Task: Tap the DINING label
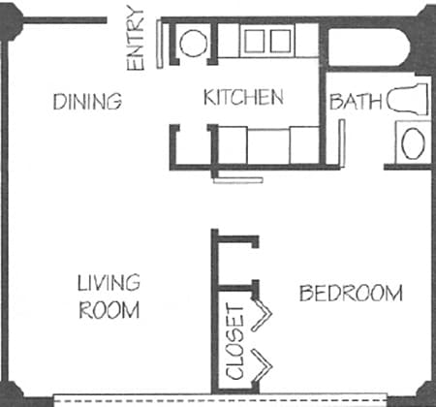[x=87, y=101]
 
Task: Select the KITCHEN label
[x=243, y=97]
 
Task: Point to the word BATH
[x=350, y=101]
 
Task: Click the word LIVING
[x=109, y=283]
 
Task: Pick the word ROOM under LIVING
[x=109, y=311]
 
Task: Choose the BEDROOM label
[x=350, y=293]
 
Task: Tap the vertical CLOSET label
[x=235, y=341]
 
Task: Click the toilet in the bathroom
[x=409, y=99]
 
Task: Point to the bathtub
[x=368, y=47]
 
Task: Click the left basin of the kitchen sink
[x=256, y=41]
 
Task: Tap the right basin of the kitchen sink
[x=279, y=41]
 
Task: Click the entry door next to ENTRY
[x=158, y=44]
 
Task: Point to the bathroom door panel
[x=342, y=143]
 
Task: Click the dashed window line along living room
[x=233, y=398]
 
